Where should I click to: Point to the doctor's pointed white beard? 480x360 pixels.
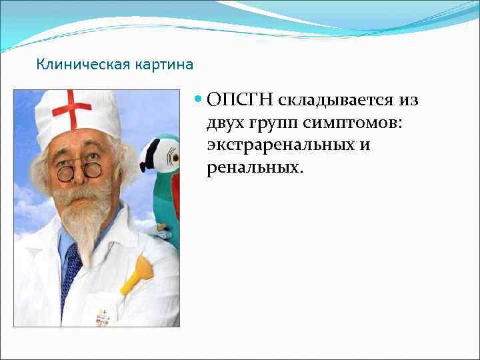click(x=87, y=227)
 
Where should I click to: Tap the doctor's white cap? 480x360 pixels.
click(x=77, y=117)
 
